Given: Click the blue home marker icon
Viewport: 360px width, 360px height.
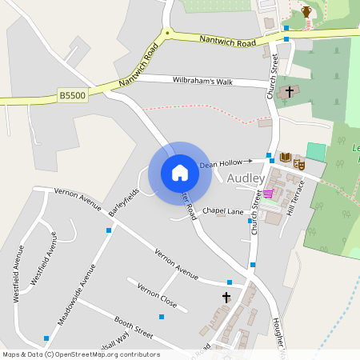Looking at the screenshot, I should pyautogui.click(x=180, y=173).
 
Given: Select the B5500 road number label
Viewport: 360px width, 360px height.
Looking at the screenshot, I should pyautogui.click(x=72, y=95).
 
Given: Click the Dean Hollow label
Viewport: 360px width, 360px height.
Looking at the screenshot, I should pyautogui.click(x=220, y=163).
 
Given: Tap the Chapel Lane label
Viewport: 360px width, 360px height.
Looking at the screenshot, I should pyautogui.click(x=222, y=210).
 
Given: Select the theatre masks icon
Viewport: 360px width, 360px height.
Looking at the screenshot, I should pyautogui.click(x=298, y=163).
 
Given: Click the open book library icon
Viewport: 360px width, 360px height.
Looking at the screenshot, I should pyautogui.click(x=285, y=157).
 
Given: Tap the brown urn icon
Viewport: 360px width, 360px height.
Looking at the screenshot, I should pyautogui.click(x=306, y=11).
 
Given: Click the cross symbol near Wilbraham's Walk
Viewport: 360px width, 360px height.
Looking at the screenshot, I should pyautogui.click(x=289, y=92).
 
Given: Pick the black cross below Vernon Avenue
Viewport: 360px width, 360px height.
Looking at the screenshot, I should pyautogui.click(x=226, y=298).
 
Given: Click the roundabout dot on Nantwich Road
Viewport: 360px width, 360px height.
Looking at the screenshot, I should pyautogui.click(x=167, y=34).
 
